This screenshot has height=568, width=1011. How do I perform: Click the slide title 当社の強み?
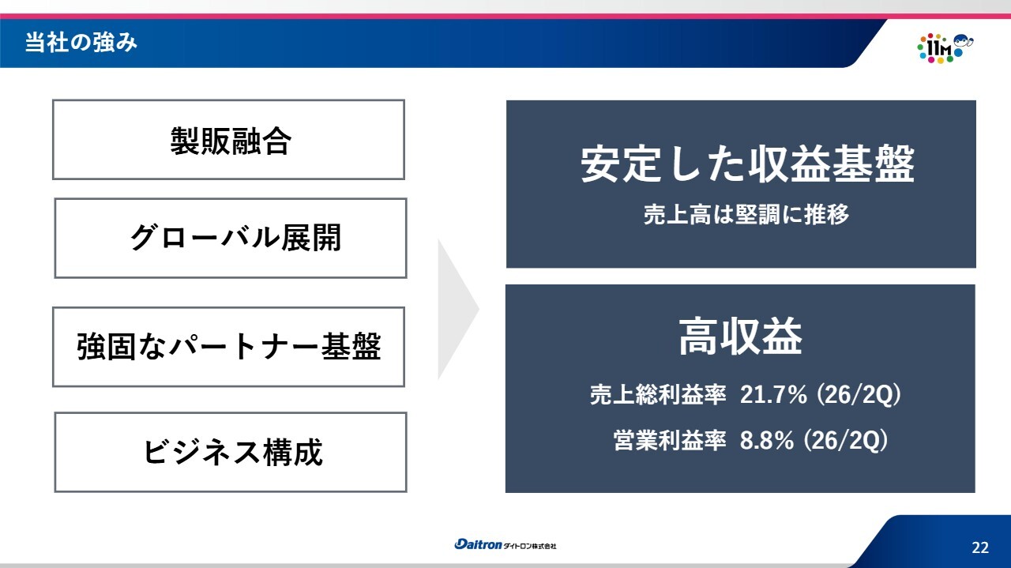[x=81, y=43]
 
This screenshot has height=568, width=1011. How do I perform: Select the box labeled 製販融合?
[x=228, y=140]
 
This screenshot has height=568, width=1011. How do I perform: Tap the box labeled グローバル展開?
[x=231, y=238]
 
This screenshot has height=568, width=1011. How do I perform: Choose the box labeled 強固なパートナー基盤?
[x=228, y=347]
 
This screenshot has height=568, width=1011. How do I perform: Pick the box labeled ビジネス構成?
[x=231, y=452]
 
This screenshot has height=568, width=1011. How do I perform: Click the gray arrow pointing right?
[x=458, y=310]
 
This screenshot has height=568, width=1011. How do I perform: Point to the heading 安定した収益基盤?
[x=747, y=164]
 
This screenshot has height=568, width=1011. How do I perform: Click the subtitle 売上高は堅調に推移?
[x=746, y=214]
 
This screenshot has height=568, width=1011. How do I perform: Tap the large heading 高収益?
[x=741, y=337]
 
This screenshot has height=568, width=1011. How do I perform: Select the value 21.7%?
[x=773, y=395]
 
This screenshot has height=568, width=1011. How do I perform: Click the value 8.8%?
[x=766, y=440]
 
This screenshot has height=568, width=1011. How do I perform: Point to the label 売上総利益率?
[x=658, y=395]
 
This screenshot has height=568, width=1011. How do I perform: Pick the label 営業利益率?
[x=670, y=440]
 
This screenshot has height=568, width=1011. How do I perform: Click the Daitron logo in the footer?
[x=478, y=544]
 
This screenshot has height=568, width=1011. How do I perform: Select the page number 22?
[x=980, y=547]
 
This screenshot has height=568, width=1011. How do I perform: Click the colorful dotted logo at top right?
[x=945, y=48]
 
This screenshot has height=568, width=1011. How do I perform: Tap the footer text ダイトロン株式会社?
[x=530, y=547]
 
